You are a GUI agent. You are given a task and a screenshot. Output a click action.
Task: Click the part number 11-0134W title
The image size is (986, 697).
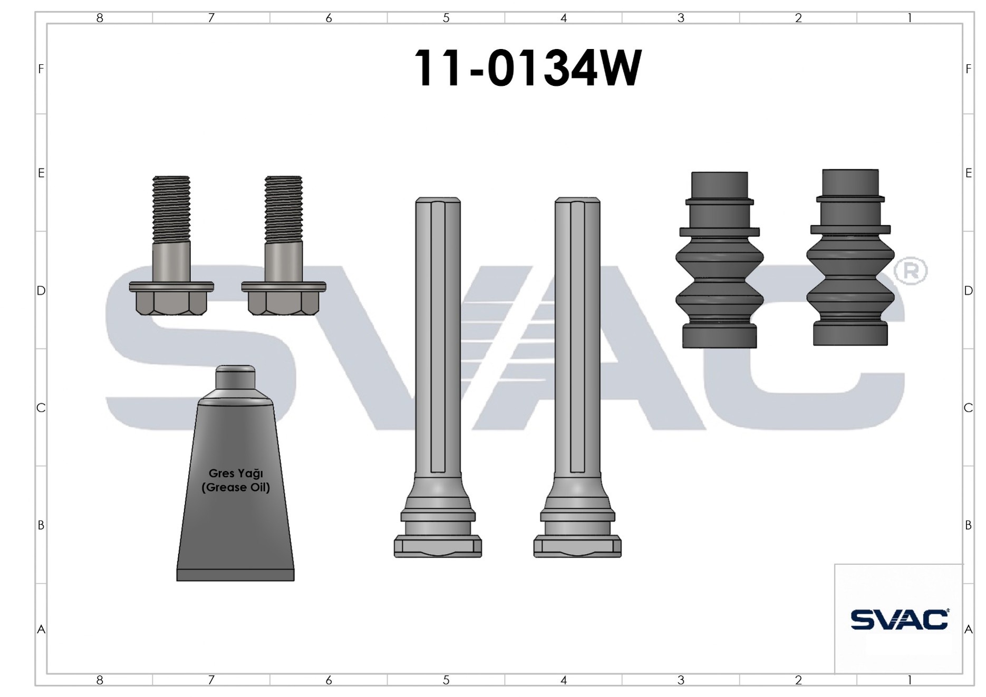527,68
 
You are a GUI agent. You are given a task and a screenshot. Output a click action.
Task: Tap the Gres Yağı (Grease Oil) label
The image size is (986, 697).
236,480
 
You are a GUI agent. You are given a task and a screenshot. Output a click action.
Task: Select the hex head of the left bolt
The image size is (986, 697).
171,303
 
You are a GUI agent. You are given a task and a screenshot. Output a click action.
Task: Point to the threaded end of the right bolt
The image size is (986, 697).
284,209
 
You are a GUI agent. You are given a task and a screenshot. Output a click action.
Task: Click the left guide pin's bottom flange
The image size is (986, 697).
438,546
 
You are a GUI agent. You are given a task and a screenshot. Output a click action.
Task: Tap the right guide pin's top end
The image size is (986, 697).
577,201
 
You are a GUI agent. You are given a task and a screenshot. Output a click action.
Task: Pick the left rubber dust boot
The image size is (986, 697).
719,260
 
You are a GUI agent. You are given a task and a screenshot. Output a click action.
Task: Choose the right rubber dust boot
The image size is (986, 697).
850,257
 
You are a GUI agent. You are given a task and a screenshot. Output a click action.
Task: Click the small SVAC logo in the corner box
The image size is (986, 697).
900,619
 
